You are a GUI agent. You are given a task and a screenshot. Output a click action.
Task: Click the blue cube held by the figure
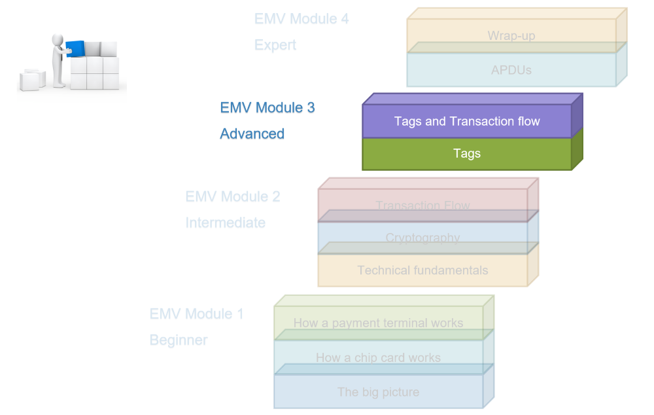pyautogui.click(x=75, y=49)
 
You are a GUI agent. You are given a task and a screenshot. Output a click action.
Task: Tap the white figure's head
pyautogui.click(x=58, y=40)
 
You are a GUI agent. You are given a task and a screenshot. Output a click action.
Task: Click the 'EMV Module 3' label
pyautogui.click(x=267, y=108)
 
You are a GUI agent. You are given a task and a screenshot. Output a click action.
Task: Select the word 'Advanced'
pyautogui.click(x=252, y=134)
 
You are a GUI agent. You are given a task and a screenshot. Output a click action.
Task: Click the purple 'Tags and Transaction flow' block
pyautogui.click(x=467, y=121)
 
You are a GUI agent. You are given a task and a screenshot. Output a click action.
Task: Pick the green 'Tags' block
pyautogui.click(x=467, y=154)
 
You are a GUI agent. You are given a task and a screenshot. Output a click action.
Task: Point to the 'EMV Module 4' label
pyautogui.click(x=301, y=19)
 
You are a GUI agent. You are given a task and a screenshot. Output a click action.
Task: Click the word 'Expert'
pyautogui.click(x=275, y=45)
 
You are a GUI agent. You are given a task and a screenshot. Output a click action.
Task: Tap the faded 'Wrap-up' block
pyautogui.click(x=512, y=35)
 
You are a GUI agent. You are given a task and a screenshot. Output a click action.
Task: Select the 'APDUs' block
pyautogui.click(x=512, y=70)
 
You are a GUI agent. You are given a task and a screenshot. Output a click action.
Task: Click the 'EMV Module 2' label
pyautogui.click(x=233, y=196)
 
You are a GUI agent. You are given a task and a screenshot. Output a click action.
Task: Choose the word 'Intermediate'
pyautogui.click(x=226, y=223)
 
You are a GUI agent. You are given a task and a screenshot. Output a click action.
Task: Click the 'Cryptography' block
pyautogui.click(x=423, y=238)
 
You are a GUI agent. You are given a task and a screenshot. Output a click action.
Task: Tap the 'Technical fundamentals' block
pyautogui.click(x=423, y=270)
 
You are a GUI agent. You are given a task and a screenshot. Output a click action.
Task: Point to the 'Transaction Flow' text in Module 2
pyautogui.click(x=423, y=206)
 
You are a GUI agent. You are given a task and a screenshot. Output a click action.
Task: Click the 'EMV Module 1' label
pyautogui.click(x=196, y=314)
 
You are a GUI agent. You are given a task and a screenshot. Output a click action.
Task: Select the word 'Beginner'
pyautogui.click(x=179, y=340)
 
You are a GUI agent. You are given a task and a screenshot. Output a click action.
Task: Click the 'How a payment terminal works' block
pyautogui.click(x=379, y=323)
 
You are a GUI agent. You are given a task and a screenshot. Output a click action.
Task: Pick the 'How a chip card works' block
pyautogui.click(x=379, y=357)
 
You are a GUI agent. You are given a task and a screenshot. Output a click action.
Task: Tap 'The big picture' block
pyautogui.click(x=379, y=391)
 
